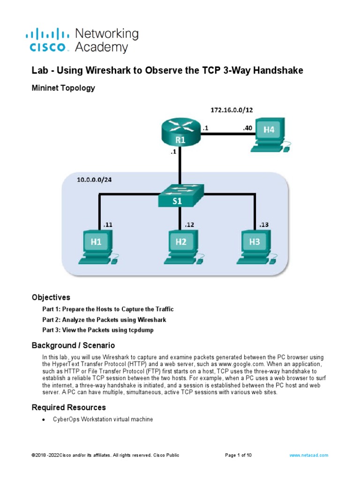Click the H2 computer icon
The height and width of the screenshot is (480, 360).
pyautogui.click(x=181, y=246)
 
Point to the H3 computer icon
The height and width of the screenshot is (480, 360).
pyautogui.click(x=255, y=246)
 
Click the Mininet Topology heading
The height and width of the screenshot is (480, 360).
pyautogui.click(x=63, y=88)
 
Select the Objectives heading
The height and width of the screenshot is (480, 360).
pyautogui.click(x=51, y=297)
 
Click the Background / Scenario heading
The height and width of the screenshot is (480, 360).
pyautogui.click(x=73, y=345)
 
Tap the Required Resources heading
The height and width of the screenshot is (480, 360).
pyautogui.click(x=68, y=407)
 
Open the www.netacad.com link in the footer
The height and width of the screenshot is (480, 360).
pyautogui.click(x=309, y=455)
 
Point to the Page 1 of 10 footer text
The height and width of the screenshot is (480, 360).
pyautogui.click(x=239, y=455)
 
